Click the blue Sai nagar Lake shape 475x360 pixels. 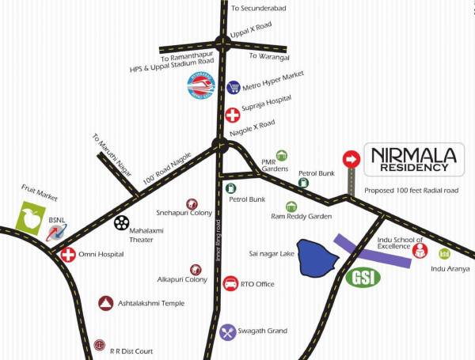[x=317, y=257]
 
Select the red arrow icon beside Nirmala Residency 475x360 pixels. [x=350, y=160]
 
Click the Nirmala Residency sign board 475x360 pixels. [x=411, y=157]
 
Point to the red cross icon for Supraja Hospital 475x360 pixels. [x=232, y=114]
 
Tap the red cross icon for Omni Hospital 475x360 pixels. [x=68, y=256]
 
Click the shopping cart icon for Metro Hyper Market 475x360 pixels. [x=234, y=87]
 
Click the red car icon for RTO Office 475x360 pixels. [x=230, y=283]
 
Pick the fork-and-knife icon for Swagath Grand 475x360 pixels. [x=228, y=332]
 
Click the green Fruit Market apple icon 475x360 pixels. [x=31, y=219]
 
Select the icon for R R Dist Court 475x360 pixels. [x=99, y=345]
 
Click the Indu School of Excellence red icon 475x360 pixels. [x=420, y=252]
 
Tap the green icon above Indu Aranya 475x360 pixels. [x=444, y=254]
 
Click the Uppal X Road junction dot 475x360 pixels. [x=222, y=44]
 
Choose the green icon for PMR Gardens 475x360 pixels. [x=280, y=156]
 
